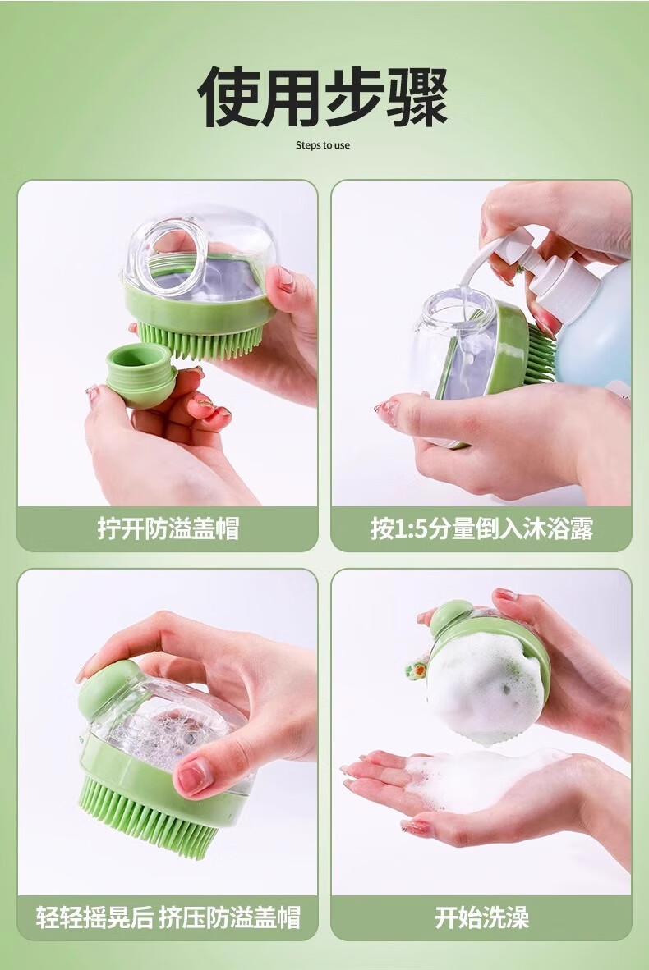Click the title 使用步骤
[x=323, y=97]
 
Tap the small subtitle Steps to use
[x=323, y=145]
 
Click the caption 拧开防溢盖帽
[x=168, y=529]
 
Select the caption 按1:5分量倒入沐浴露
[x=481, y=529]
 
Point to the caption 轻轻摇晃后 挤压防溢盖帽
[x=168, y=917]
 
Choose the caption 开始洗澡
[x=481, y=917]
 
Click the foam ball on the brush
[x=486, y=687]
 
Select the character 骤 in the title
[x=417, y=97]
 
